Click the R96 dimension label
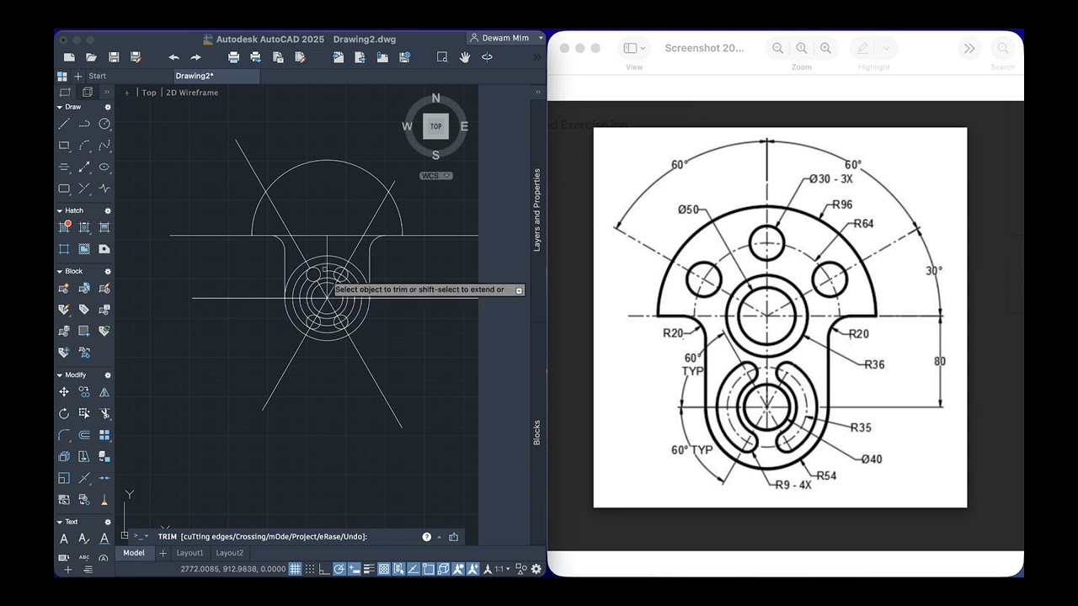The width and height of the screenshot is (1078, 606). [x=842, y=205]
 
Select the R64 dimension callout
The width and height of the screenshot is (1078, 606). [x=863, y=224]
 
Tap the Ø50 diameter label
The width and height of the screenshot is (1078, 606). [x=688, y=210]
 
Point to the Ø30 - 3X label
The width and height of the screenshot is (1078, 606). [x=830, y=178]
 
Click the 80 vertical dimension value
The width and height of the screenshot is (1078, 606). [x=940, y=361]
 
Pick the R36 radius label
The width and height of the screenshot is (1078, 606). [x=874, y=364]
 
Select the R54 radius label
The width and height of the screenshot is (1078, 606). [x=826, y=476]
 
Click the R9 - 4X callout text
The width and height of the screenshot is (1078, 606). [x=793, y=485]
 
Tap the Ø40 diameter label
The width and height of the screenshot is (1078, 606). [x=872, y=459]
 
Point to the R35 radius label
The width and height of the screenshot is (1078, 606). [x=861, y=428]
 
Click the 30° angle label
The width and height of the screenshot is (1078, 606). [x=934, y=271]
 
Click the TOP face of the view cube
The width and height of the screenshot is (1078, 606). [x=435, y=126]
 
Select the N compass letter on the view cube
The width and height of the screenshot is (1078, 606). [x=435, y=98]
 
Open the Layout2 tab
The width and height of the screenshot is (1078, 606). [x=229, y=553]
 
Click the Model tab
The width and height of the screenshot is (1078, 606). [x=134, y=553]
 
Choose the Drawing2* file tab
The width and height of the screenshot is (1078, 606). [x=195, y=76]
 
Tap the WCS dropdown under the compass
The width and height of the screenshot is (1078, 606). [x=436, y=176]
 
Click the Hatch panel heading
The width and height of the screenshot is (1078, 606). [x=74, y=210]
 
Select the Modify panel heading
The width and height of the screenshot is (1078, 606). [x=75, y=375]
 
